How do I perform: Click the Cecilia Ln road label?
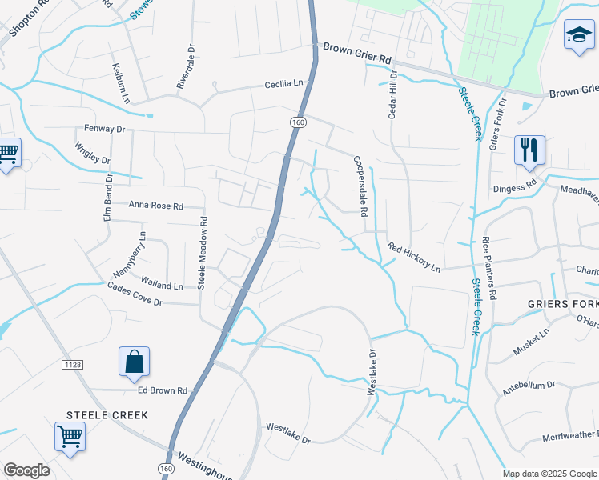(286, 83)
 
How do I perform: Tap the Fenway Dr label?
(106, 128)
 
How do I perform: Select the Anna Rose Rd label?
(156, 205)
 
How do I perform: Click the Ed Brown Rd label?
(162, 390)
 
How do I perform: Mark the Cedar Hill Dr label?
(392, 96)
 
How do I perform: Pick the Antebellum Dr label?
(529, 390)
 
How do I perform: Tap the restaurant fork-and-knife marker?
(529, 150)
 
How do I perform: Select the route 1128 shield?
(71, 365)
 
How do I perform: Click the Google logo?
(26, 470)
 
